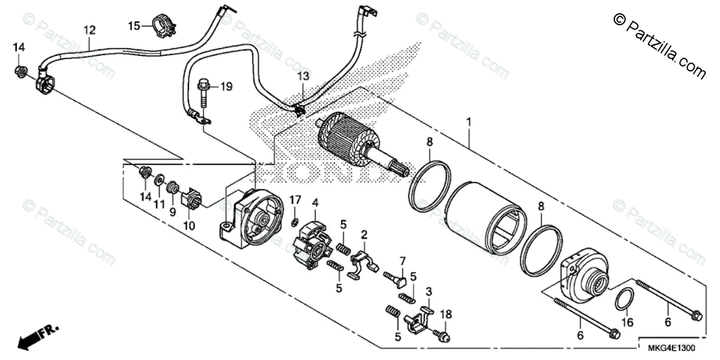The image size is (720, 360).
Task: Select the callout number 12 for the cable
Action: tap(89, 29)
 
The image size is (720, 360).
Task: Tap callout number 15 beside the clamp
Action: tap(133, 25)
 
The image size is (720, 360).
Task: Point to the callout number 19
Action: tap(225, 87)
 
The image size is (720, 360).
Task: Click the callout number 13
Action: tap(303, 76)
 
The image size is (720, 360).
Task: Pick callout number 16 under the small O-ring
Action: tap(627, 322)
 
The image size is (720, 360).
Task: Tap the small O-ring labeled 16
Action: tap(625, 298)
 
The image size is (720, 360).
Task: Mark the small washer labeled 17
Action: tap(295, 222)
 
